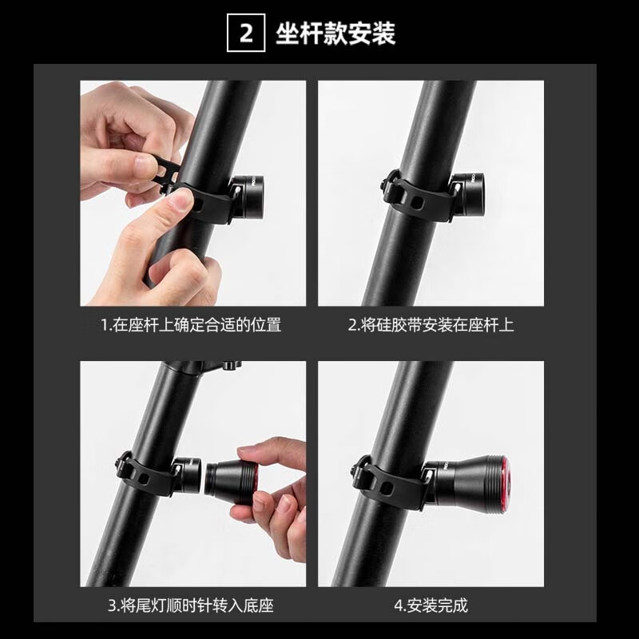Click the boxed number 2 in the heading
tap(246, 33)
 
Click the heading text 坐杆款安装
tap(335, 33)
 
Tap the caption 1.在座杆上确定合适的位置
tap(191, 325)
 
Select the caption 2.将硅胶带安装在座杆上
tap(431, 325)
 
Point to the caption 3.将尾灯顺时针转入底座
tap(191, 605)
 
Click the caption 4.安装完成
tap(431, 605)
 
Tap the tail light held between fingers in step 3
tap(232, 478)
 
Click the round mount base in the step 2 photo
tap(468, 193)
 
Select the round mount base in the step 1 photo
tap(247, 196)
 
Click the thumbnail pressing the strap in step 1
tap(181, 200)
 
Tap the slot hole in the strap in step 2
tap(417, 202)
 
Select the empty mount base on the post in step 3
tap(188, 474)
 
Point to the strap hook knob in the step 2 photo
tap(388, 182)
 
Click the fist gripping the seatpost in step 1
tap(179, 272)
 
